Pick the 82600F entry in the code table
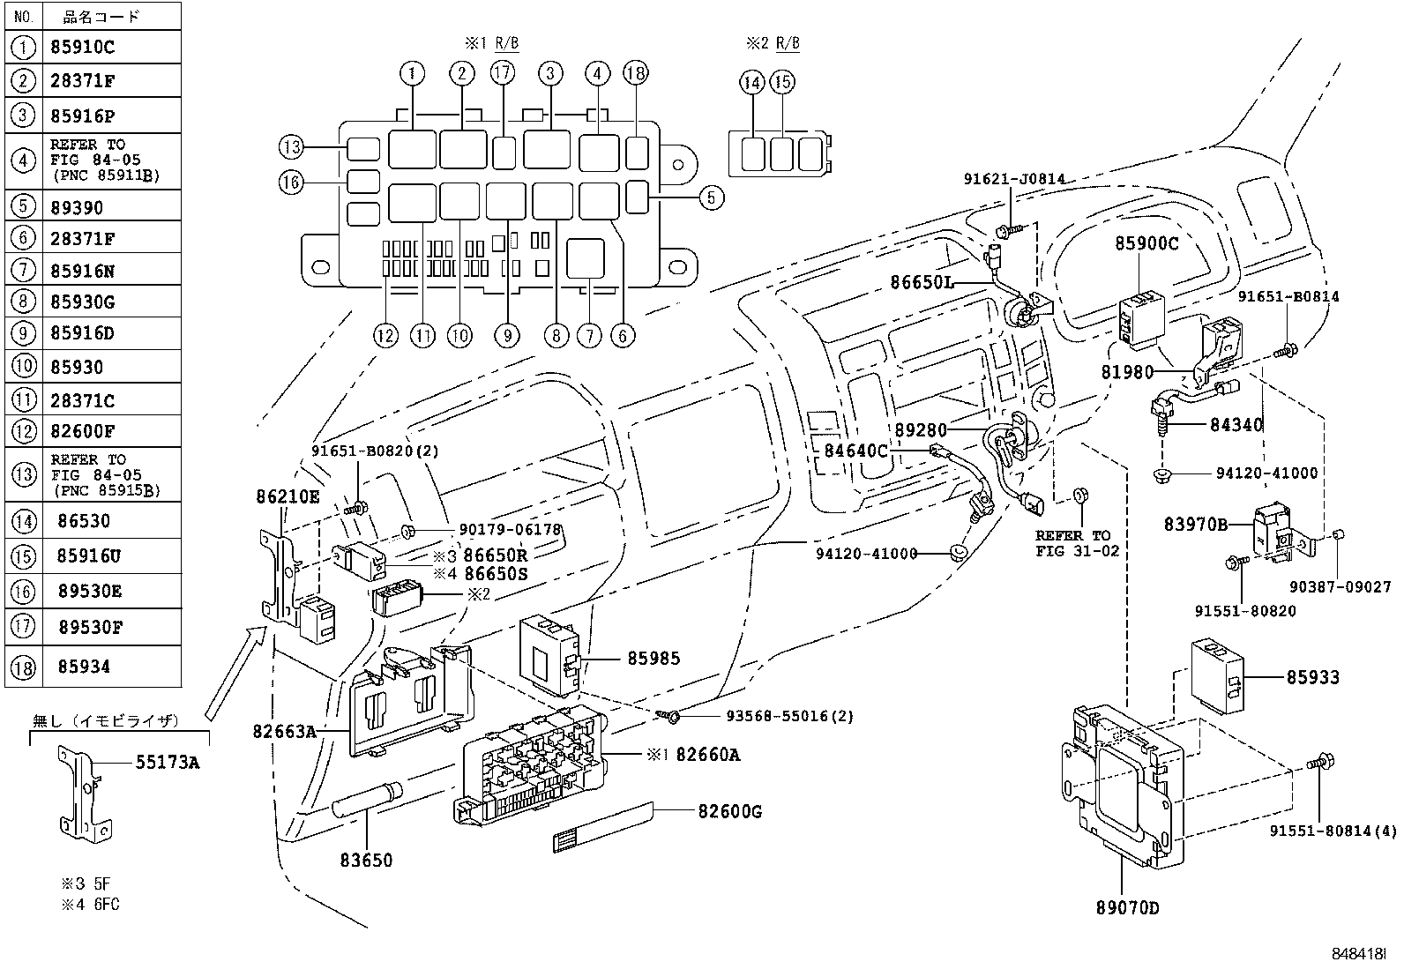[x=86, y=432]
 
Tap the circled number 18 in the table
[x=24, y=667]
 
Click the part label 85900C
[x=1146, y=243]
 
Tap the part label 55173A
[x=167, y=763]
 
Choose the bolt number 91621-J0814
[x=1013, y=179]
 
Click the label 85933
[x=1312, y=677]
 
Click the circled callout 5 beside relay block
[x=711, y=198]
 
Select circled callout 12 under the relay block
[x=385, y=334]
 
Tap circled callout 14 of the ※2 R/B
[x=751, y=83]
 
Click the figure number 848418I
[x=1359, y=954]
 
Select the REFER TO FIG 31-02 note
[x=1076, y=543]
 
